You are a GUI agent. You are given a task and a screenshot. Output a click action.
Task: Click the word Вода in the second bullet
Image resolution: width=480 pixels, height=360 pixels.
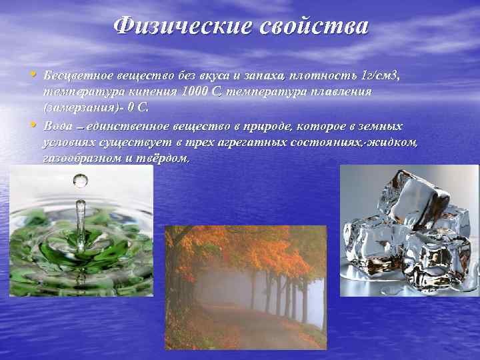tap(57, 126)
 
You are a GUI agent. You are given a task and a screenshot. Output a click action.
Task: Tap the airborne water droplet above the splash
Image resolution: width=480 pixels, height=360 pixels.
tap(81, 180)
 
